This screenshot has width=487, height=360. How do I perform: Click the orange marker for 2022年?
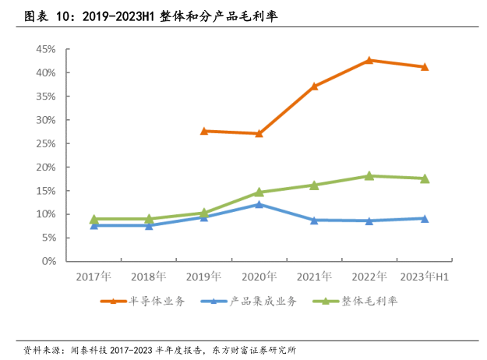coord(369,60)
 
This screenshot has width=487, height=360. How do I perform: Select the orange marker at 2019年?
coord(204,131)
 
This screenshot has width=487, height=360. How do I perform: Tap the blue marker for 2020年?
coord(259,204)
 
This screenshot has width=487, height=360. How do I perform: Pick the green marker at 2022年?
coord(369,176)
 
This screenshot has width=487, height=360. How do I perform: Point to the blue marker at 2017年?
coord(94,225)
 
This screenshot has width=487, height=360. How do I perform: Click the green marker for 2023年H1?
coord(425,178)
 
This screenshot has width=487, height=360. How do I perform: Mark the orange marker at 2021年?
coord(314,86)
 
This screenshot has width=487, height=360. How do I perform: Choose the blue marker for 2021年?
coord(314,221)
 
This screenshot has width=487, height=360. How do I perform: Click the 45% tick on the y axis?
coord(44,49)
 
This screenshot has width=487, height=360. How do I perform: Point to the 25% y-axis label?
coord(44,143)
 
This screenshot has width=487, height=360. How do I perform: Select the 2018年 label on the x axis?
coord(149,277)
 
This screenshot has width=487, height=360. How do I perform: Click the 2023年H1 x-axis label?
coord(425,277)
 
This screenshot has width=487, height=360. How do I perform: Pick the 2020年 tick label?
coord(259,277)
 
